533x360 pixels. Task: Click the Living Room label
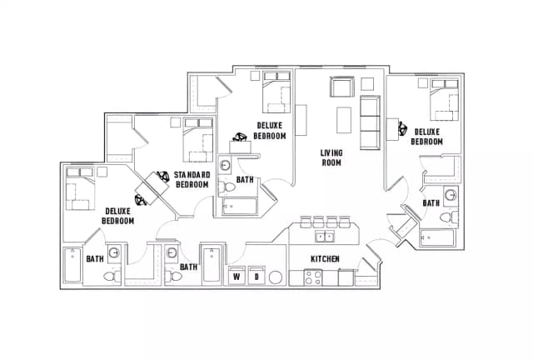pyautogui.click(x=332, y=157)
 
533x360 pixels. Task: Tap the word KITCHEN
pyautogui.click(x=325, y=259)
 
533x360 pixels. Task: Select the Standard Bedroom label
pyautogui.click(x=191, y=179)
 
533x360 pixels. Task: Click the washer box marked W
pyautogui.click(x=237, y=276)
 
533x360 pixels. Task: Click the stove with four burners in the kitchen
pyautogui.click(x=312, y=277)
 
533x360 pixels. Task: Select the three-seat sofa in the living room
pyautogui.click(x=370, y=123)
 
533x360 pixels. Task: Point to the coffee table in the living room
pyautogui.click(x=341, y=119)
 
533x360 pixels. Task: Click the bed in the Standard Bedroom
pyautogui.click(x=198, y=139)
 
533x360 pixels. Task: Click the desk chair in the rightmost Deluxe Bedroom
pyautogui.click(x=403, y=129)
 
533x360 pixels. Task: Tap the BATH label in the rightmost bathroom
pyautogui.click(x=431, y=202)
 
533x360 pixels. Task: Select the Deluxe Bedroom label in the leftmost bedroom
pyautogui.click(x=118, y=216)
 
